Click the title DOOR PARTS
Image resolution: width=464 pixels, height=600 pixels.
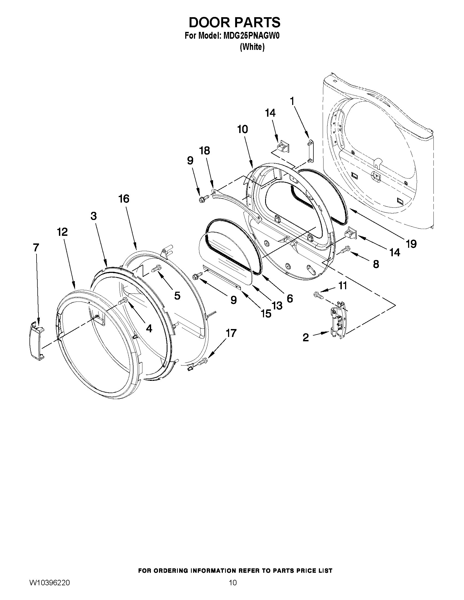coord(235,23)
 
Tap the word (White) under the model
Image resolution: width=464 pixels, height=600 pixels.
coord(252,47)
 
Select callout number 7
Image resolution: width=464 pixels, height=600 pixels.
coord(36,248)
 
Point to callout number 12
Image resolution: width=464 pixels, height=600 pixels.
coord(62,232)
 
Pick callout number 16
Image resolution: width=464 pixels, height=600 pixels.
coord(124,199)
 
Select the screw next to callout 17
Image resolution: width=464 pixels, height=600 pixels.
coord(202,361)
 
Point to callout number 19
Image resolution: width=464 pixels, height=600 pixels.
coord(411,244)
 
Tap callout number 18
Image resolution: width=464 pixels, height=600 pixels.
coord(205,151)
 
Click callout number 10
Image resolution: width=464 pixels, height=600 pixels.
coord(243,129)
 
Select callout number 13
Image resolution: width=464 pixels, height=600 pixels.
coord(277,306)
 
